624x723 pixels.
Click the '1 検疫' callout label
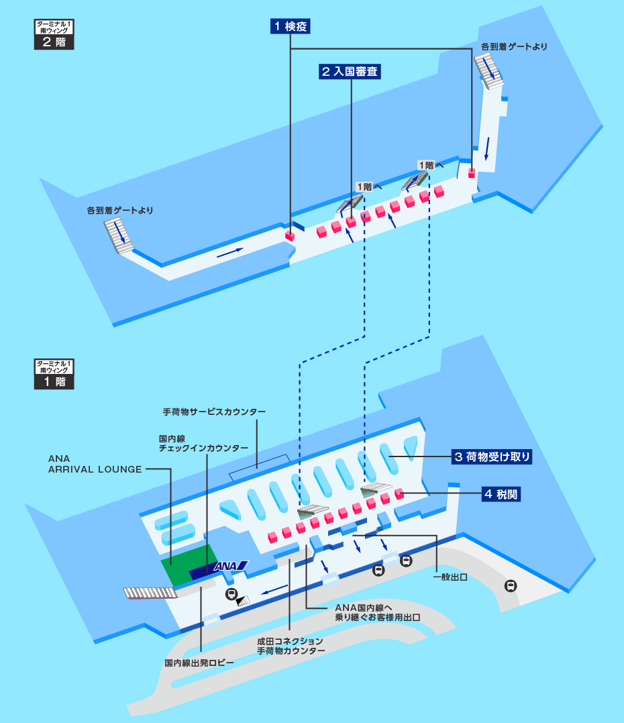290,26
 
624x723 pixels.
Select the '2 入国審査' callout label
350,72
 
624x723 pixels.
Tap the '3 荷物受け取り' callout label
492,457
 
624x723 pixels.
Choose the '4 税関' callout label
501,495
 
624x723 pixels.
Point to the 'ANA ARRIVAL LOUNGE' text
95,464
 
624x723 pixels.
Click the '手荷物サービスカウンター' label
214,411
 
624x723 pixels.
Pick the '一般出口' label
450,577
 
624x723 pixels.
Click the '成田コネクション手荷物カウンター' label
291,646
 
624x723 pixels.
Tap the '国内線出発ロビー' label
199,663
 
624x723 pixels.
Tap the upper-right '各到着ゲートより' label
514,47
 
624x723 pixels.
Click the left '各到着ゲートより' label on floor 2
120,210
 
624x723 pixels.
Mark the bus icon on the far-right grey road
511,585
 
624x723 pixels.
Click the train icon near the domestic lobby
231,593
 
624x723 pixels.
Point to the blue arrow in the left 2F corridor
229,251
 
